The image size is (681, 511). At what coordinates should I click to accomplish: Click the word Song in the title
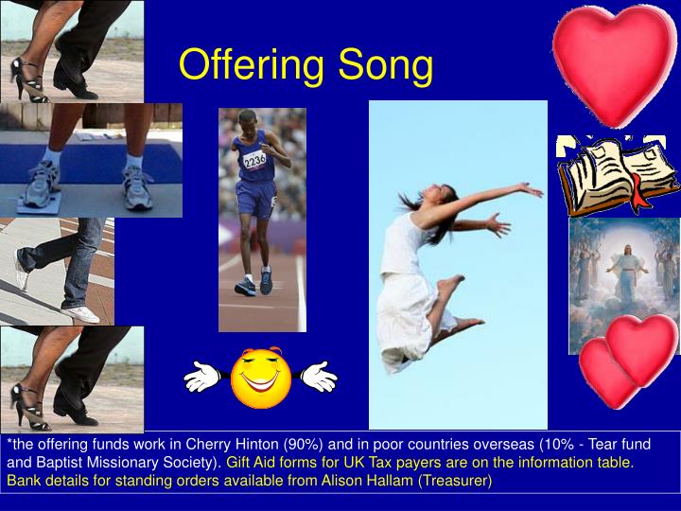point(383,64)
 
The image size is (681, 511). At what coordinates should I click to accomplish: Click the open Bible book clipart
point(617,176)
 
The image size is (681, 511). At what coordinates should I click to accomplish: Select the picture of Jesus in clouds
point(624,284)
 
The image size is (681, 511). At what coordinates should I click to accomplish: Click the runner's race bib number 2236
point(254,160)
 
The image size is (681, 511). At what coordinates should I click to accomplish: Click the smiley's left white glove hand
point(202,377)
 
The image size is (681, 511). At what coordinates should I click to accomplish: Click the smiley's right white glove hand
point(319,377)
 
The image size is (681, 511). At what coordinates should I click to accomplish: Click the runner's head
point(249,119)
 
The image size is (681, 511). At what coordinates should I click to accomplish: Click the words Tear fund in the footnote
point(620,445)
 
